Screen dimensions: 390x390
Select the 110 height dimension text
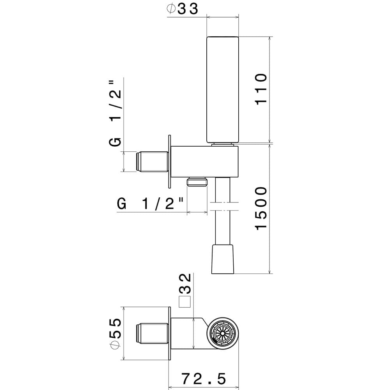(261, 89)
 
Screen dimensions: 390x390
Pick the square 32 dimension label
(186, 291)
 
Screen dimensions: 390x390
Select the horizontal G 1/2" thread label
(151, 204)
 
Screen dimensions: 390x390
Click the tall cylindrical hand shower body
(222, 90)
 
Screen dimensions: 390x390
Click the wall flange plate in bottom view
(169, 333)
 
